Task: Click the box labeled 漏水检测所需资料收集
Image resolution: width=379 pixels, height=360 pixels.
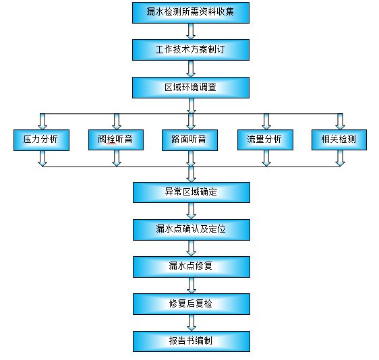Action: click(x=191, y=12)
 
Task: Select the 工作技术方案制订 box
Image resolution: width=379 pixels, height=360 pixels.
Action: click(x=191, y=49)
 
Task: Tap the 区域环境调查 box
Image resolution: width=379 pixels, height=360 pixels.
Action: click(x=191, y=87)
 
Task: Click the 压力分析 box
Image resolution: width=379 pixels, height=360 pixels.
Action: click(x=41, y=140)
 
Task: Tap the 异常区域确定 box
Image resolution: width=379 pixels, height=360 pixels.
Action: click(x=191, y=191)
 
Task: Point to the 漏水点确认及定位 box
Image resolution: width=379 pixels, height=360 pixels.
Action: click(x=191, y=229)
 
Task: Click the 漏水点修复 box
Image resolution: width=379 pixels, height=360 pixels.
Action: click(x=191, y=266)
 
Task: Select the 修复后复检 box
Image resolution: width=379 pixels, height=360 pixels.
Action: click(x=191, y=303)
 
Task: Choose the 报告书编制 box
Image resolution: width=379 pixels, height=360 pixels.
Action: click(x=191, y=341)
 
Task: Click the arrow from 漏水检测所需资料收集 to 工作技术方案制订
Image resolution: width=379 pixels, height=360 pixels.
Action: click(x=191, y=30)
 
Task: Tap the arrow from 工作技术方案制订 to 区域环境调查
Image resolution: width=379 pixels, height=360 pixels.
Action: click(x=191, y=68)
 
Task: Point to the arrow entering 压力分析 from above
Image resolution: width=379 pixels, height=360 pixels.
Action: click(x=42, y=121)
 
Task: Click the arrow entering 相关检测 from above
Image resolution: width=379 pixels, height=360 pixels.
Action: click(x=340, y=121)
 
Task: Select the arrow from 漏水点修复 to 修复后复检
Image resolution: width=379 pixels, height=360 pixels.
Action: click(x=191, y=284)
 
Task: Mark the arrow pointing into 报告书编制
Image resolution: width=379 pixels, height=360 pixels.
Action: click(x=191, y=322)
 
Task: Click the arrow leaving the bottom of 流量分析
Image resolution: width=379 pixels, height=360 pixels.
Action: click(x=266, y=158)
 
